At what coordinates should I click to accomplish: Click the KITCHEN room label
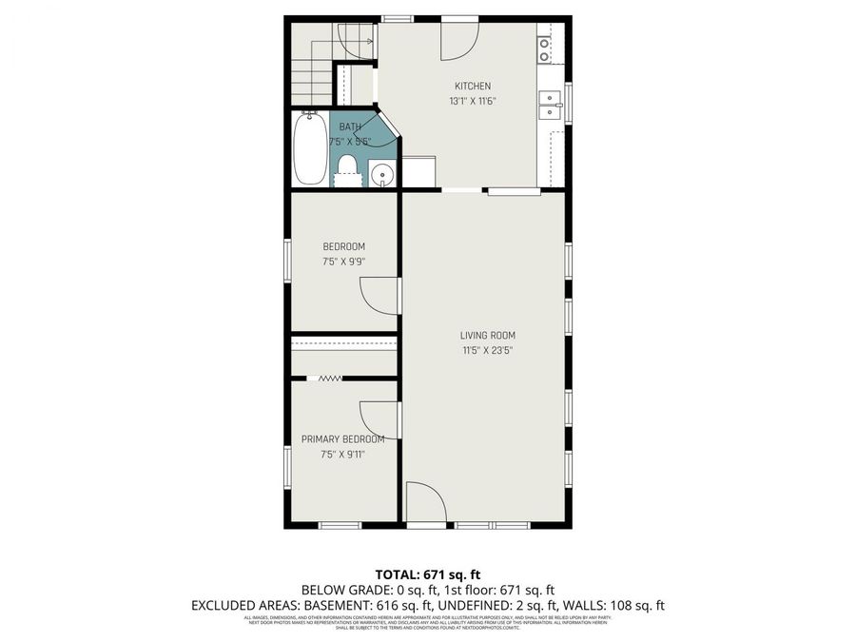[x=473, y=87]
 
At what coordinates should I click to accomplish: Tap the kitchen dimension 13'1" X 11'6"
[x=473, y=101]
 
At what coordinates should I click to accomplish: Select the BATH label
[x=350, y=127]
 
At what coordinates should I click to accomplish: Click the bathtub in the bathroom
[x=309, y=149]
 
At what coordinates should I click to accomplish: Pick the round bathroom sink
[x=381, y=174]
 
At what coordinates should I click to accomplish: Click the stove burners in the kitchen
[x=545, y=49]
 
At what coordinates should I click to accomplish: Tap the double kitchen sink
[x=549, y=105]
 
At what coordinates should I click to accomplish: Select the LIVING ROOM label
[x=487, y=336]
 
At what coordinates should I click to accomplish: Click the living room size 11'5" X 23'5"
[x=487, y=350]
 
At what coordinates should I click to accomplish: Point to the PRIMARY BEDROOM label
[x=343, y=439]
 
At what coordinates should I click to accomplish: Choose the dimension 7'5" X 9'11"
[x=343, y=455]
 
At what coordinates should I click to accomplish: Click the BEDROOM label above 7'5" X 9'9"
[x=343, y=247]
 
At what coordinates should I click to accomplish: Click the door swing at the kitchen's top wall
[x=458, y=38]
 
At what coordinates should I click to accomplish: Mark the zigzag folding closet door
[x=329, y=379]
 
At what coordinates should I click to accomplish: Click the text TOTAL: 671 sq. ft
[x=428, y=574]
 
